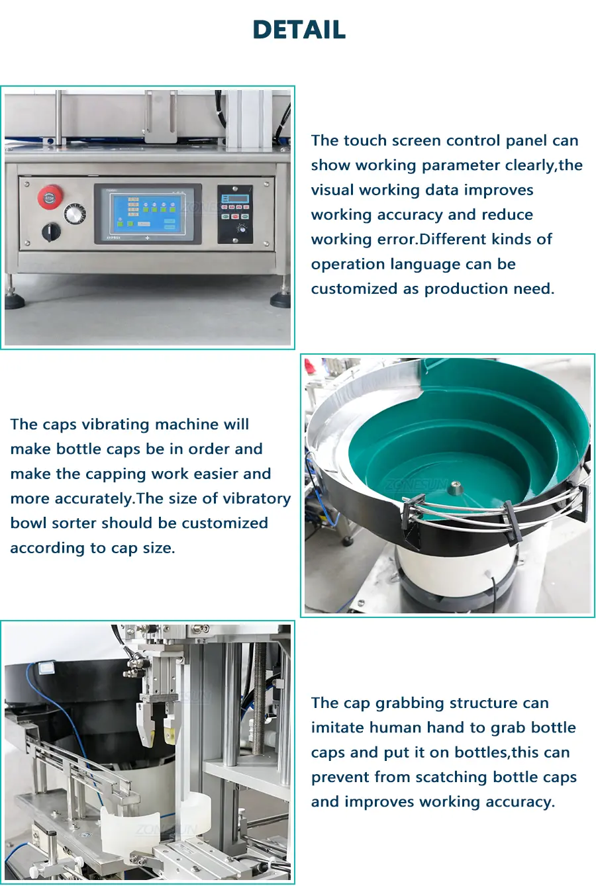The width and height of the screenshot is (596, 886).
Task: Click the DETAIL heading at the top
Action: (299, 29)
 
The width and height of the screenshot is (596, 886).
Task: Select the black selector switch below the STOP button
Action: (51, 232)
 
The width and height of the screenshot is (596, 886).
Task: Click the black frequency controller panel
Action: (234, 214)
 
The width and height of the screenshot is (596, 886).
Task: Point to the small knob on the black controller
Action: (240, 229)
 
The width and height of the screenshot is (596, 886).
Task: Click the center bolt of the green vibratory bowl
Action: (454, 485)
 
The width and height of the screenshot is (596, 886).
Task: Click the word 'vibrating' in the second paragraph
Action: (116, 425)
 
